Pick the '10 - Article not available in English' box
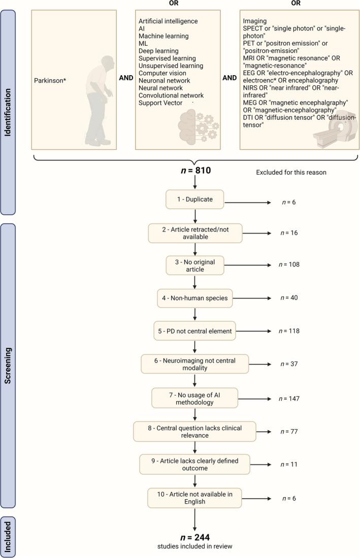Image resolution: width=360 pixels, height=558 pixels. point(195,498)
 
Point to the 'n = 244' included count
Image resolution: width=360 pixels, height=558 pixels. point(195,537)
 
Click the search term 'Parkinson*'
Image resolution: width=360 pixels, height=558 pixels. point(51,80)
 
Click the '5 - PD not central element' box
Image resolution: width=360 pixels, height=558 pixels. point(195,331)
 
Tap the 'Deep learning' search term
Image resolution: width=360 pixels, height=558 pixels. point(158,51)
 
